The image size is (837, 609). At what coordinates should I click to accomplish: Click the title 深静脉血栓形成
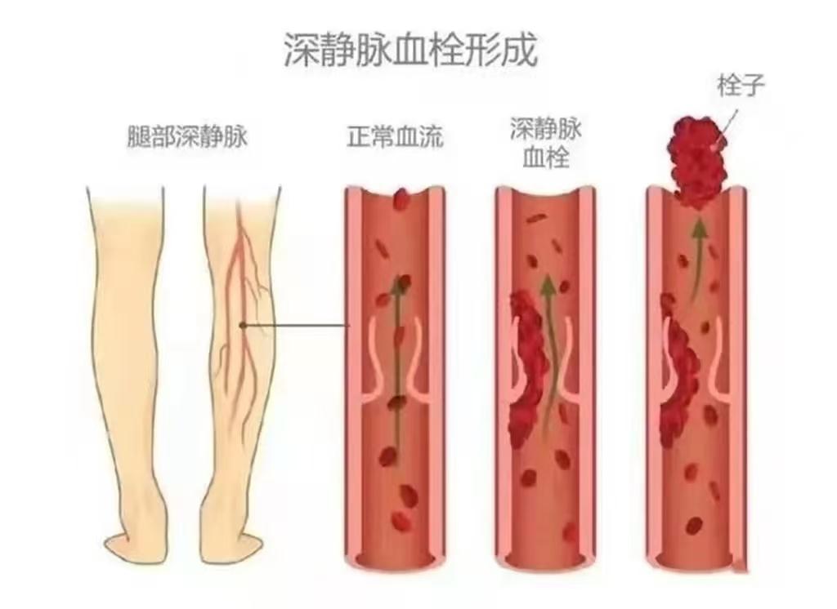410,51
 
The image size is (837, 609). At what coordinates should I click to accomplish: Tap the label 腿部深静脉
187,136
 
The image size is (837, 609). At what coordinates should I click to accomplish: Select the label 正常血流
395,136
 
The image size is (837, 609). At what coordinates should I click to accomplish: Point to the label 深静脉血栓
545,143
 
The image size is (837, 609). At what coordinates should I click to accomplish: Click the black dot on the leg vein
242,325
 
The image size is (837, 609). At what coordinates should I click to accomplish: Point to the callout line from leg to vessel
295,325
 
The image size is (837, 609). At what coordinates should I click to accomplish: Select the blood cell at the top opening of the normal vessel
401,201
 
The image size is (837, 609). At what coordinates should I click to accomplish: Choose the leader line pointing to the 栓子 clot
727,126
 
